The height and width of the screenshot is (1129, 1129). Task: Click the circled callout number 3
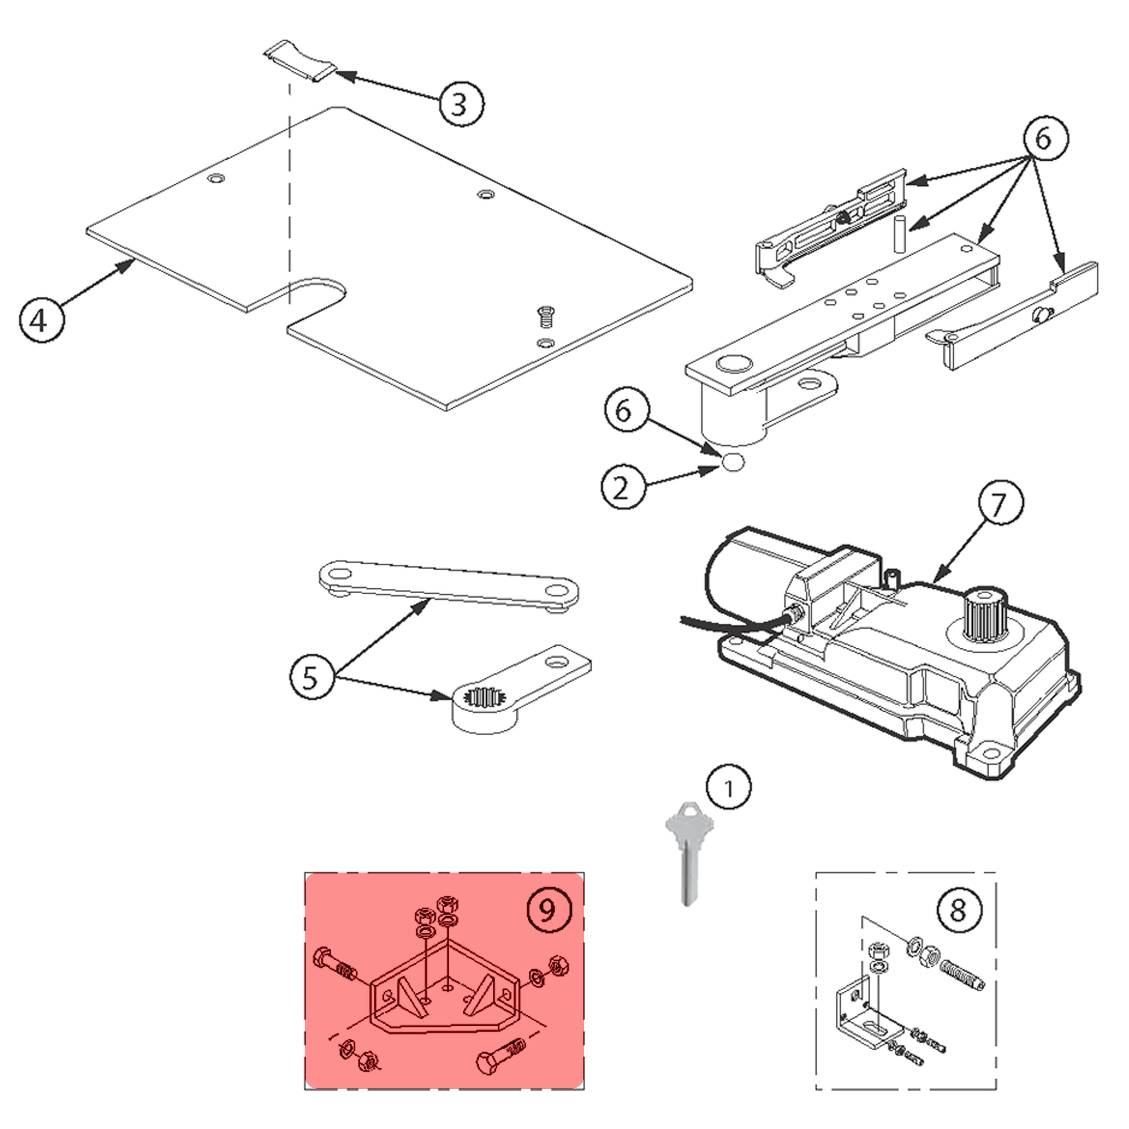(461, 104)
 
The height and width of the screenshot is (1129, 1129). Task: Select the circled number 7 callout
(1000, 503)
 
